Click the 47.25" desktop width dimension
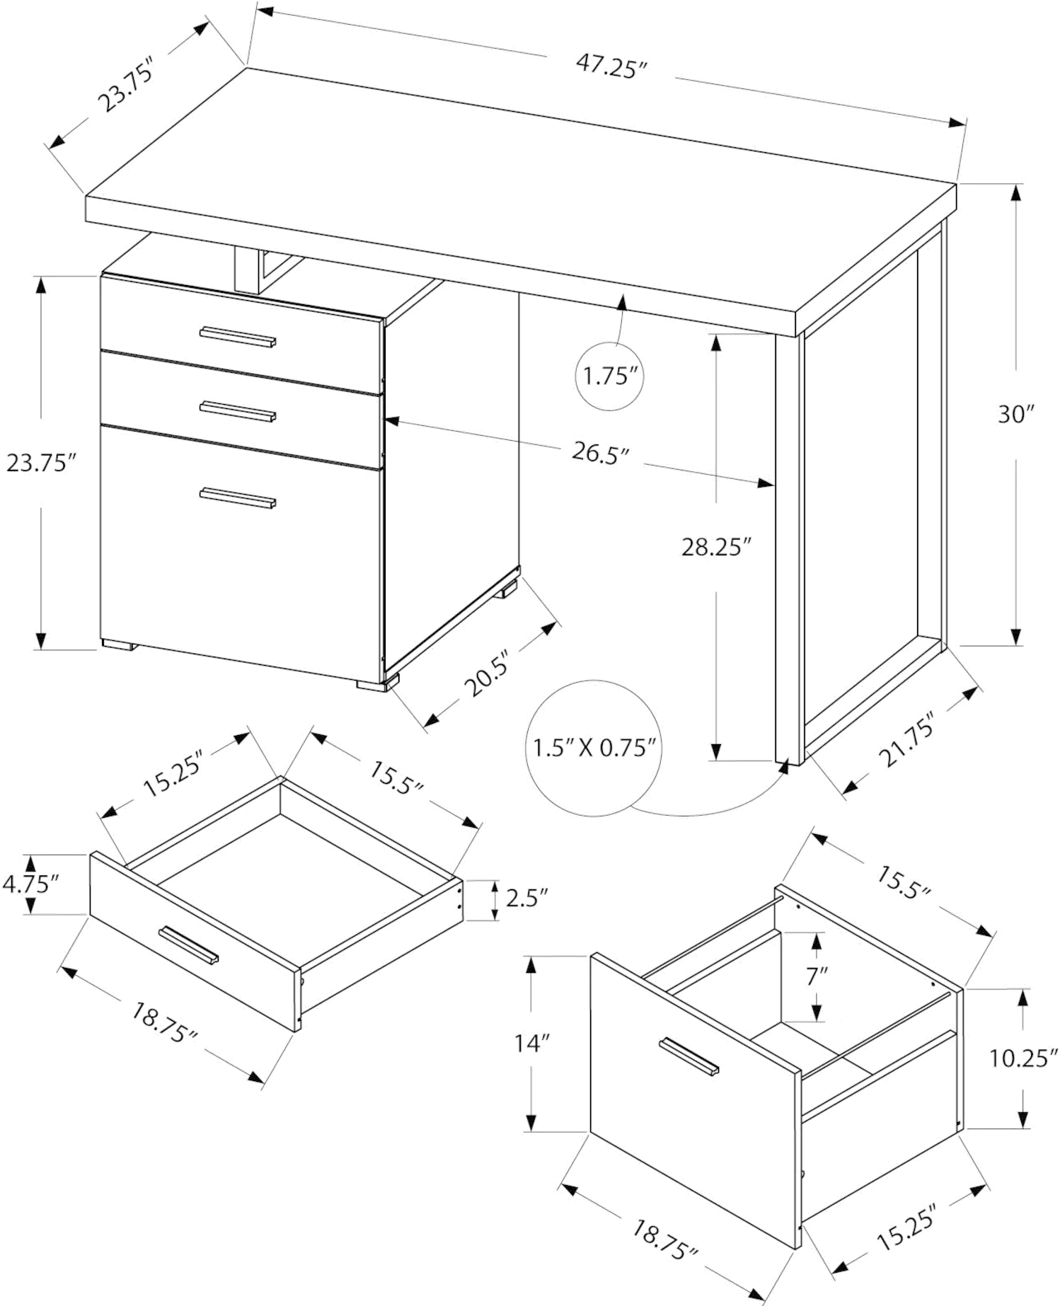[x=612, y=66]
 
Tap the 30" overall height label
[x=1016, y=414]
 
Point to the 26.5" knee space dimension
[x=600, y=453]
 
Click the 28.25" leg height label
[x=715, y=547]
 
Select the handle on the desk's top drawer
[x=238, y=337]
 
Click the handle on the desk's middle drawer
[x=238, y=412]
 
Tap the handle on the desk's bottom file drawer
[x=238, y=498]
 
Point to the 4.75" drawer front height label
[x=30, y=883]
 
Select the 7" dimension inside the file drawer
[x=817, y=977]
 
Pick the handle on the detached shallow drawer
[x=189, y=944]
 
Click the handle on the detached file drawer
[x=689, y=1057]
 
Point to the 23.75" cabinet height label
[x=40, y=463]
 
